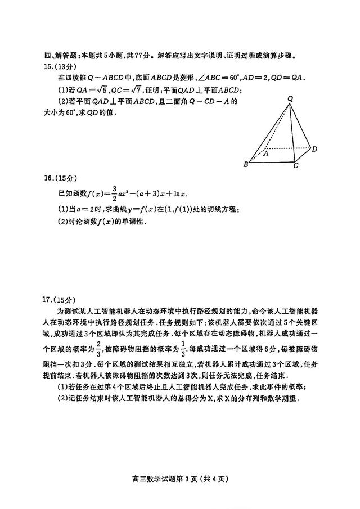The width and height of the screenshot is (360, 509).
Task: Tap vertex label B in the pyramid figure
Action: pos(245,165)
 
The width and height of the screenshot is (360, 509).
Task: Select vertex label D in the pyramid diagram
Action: pos(314,149)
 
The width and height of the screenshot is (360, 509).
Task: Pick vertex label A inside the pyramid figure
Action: pos(266,152)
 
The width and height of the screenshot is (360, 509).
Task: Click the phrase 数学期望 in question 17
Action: pos(273,398)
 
